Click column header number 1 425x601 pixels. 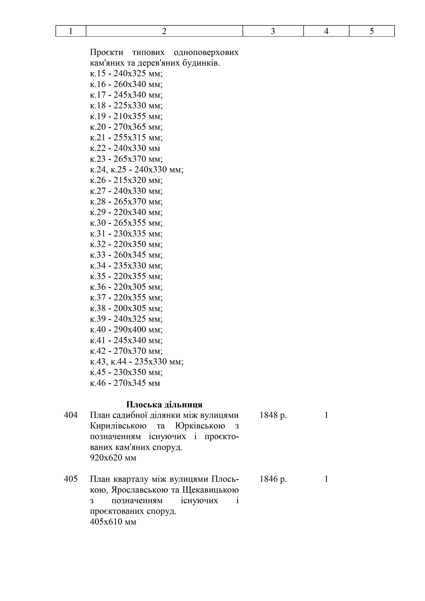click(71, 31)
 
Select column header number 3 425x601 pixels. click(273, 31)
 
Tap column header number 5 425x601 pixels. click(372, 31)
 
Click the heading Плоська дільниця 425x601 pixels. click(164, 404)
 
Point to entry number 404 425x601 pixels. click(71, 415)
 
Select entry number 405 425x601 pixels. click(71, 479)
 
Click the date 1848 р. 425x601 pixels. click(273, 415)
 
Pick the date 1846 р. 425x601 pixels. click(273, 479)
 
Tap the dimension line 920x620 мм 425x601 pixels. click(113, 458)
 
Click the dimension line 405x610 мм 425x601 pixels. click(113, 522)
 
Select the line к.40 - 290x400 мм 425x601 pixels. click(126, 330)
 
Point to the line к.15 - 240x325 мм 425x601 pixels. click(126, 73)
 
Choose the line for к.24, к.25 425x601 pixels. click(137, 170)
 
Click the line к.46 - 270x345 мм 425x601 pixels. click(125, 383)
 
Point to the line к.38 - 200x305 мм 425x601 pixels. click(126, 308)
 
